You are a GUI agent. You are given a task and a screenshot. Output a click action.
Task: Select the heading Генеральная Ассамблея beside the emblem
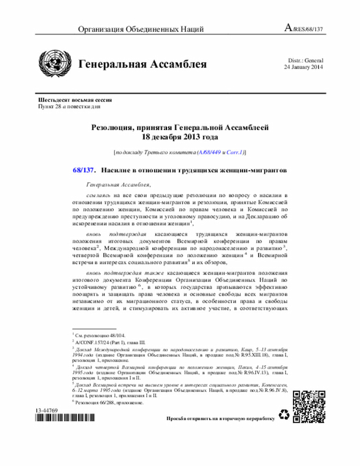pos(142,64)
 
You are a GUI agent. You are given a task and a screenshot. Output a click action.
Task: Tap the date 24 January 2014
pos(303,68)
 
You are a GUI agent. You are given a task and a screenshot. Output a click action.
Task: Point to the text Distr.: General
pos(305,60)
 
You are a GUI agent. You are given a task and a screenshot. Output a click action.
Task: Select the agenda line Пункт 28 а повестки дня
pos(69,106)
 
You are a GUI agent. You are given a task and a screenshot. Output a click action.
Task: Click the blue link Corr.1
pos(234,152)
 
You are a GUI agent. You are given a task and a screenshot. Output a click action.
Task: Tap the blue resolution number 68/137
pos(84,169)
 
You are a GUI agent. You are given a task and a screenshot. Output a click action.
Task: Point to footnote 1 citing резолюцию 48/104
pos(101,334)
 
